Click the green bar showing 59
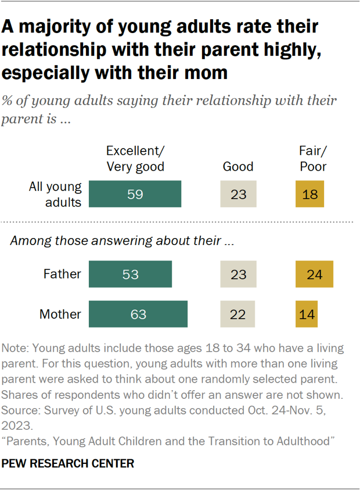click(135, 194)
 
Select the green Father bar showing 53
click(130, 274)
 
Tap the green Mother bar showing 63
click(138, 314)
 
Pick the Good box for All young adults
click(238, 194)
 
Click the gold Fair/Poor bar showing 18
click(310, 194)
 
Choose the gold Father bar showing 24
click(314, 274)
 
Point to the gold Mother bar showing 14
click(306, 314)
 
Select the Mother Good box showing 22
click(238, 314)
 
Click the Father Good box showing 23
click(238, 274)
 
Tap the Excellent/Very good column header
click(135, 158)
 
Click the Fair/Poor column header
click(313, 158)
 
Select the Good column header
click(238, 167)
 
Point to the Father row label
click(62, 274)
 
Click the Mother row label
click(60, 314)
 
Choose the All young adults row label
click(56, 194)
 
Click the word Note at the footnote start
click(15, 349)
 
